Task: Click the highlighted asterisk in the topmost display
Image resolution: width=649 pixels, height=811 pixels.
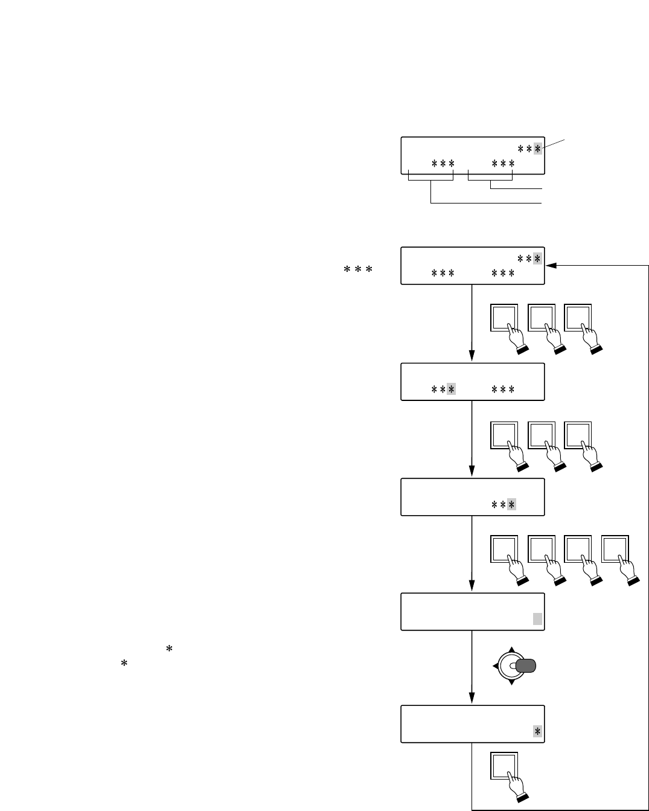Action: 537,149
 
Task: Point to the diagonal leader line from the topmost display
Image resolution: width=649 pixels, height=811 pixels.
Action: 554,144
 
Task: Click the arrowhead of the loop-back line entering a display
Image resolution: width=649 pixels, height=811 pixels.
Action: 550,265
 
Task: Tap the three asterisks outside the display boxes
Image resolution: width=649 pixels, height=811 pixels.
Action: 357,270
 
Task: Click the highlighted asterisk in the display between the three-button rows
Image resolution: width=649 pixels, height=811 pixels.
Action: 451,389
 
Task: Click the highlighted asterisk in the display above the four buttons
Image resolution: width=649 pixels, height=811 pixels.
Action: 511,504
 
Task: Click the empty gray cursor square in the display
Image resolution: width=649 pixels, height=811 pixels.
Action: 537,618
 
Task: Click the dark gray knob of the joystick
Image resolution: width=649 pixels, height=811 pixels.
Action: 526,665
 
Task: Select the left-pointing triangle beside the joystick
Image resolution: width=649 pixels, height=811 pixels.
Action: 496,665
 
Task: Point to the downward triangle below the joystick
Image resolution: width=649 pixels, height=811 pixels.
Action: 511,682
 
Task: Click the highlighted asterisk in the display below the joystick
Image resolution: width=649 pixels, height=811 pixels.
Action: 537,731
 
